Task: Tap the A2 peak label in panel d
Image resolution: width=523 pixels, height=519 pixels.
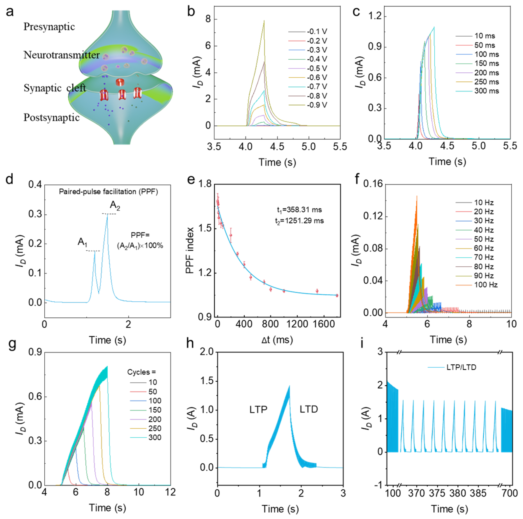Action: click(x=115, y=205)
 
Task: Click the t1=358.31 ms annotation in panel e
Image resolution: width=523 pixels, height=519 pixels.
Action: click(x=299, y=210)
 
